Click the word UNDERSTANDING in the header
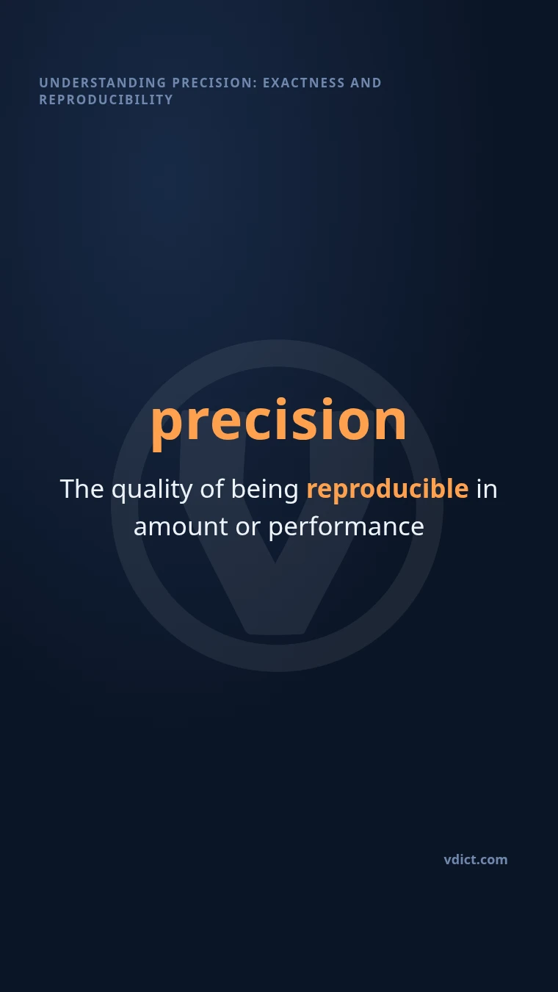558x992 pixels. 103,83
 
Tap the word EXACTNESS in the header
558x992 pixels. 304,83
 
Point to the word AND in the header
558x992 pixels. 366,83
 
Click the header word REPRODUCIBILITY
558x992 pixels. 106,100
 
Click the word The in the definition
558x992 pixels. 82,489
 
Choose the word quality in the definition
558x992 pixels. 152,490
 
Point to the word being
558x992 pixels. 265,490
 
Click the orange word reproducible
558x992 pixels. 388,490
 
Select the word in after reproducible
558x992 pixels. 487,489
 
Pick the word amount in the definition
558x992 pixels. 181,527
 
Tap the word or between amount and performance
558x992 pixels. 248,529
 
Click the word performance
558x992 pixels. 347,529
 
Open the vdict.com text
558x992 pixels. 476,860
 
